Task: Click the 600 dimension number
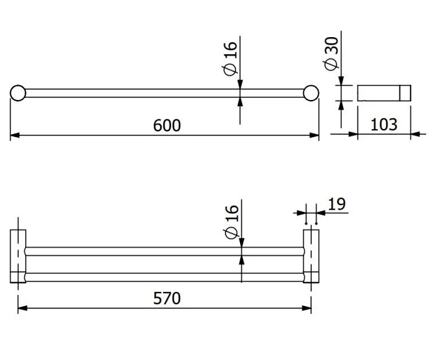[166, 126]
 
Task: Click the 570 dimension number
[166, 298]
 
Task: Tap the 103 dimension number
[384, 125]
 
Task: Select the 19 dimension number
[336, 204]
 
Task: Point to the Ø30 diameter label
[331, 54]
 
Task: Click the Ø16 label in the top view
[230, 58]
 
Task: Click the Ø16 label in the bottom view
[232, 222]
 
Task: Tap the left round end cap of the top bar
[18, 93]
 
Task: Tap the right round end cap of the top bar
[311, 93]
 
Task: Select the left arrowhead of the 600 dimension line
[15, 135]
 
